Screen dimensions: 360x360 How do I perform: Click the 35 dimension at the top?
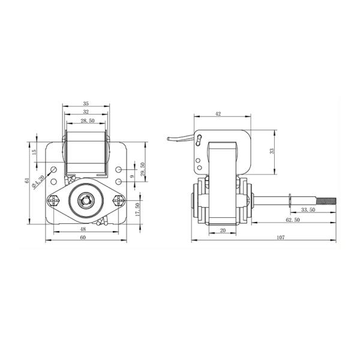86,104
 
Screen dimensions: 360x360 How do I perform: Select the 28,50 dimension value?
86,121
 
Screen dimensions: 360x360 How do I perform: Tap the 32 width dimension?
86,112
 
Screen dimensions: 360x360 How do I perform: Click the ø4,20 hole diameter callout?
40,179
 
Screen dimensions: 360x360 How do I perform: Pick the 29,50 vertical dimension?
142,169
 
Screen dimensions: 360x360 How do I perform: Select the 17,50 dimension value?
137,209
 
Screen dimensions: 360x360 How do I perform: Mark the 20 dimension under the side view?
221,230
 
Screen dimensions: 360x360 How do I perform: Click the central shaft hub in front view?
86,200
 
